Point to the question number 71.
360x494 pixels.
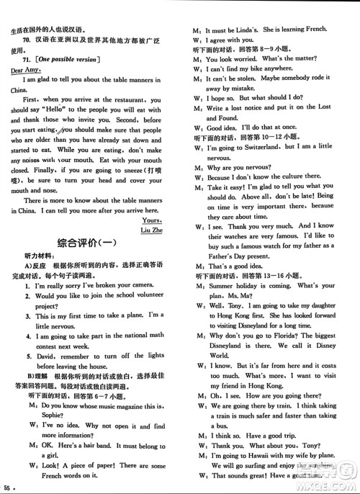[27, 58]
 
